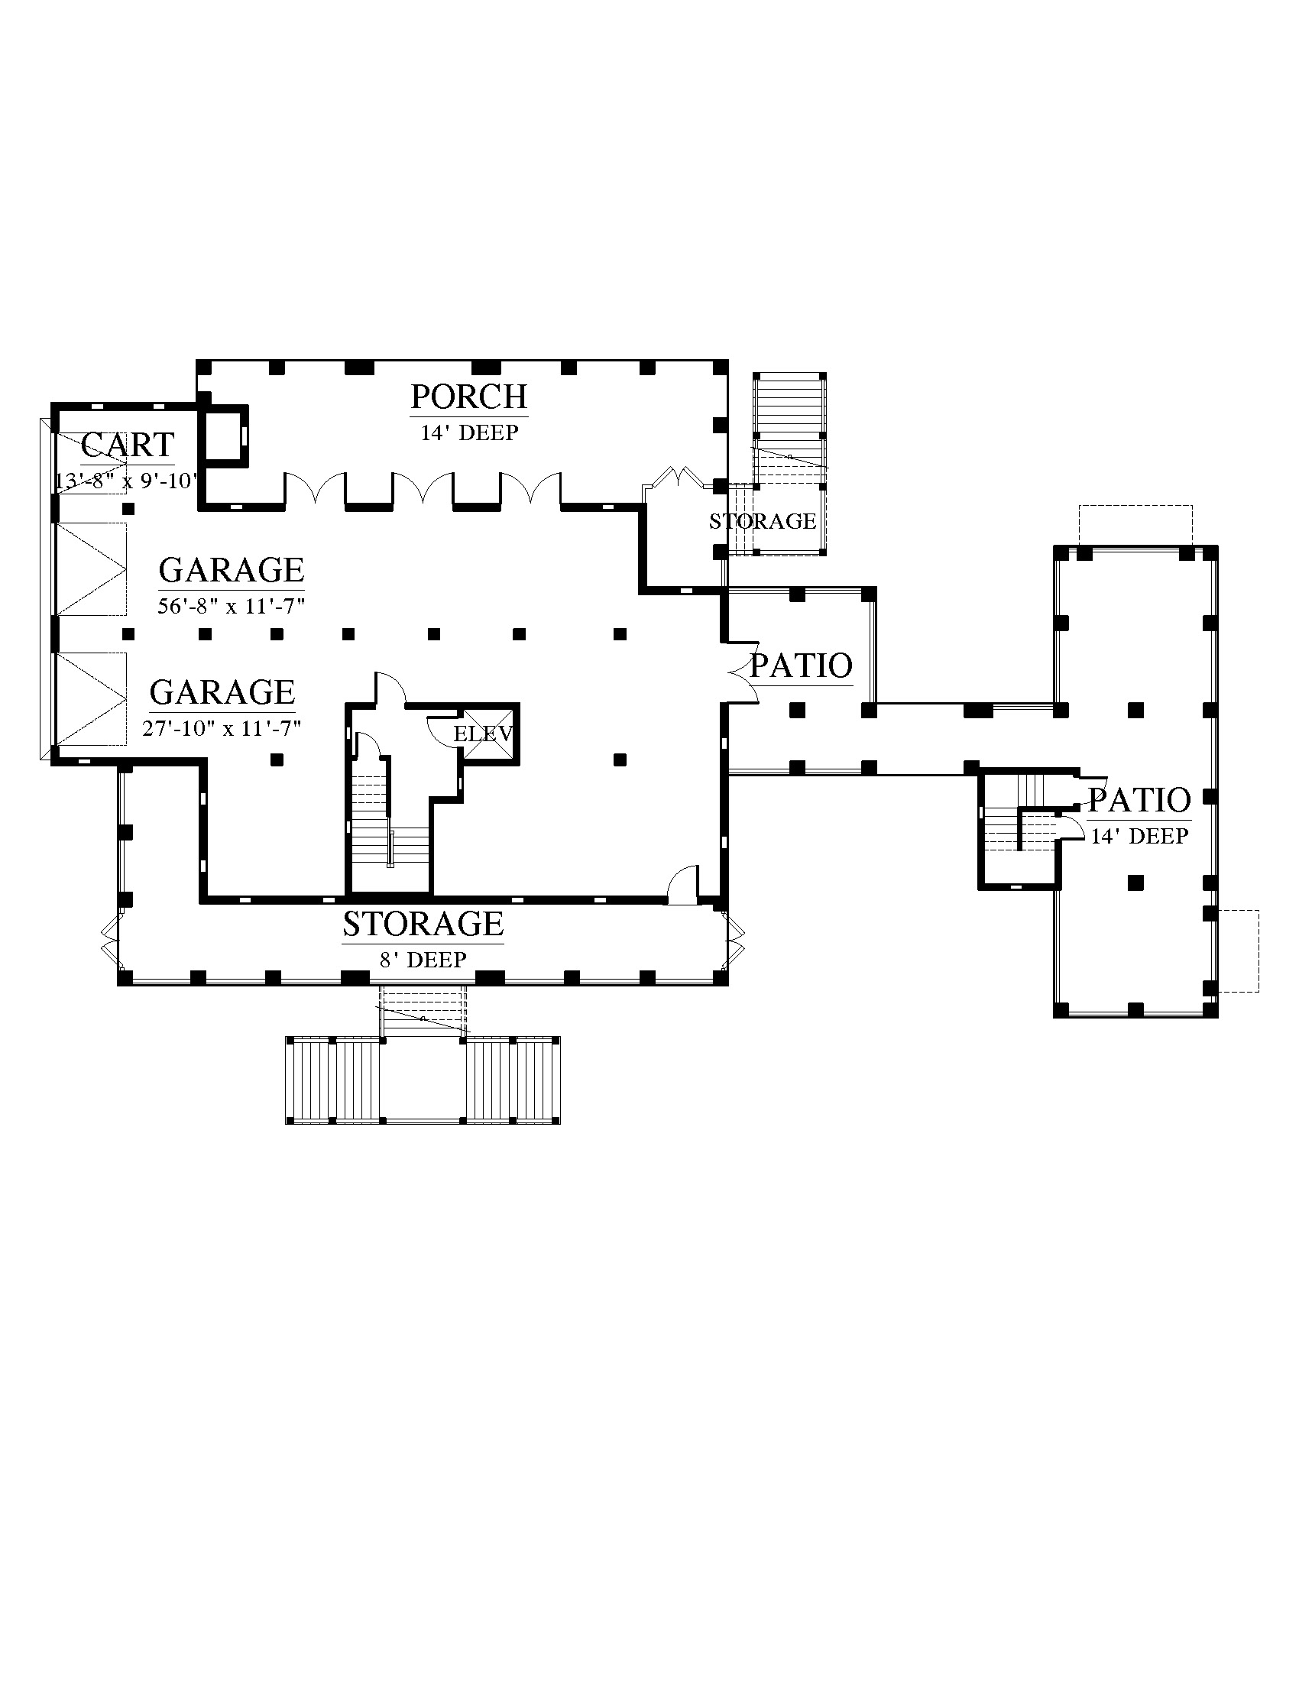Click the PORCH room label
click(x=468, y=397)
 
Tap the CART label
click(x=128, y=445)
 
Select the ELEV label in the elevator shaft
click(x=482, y=734)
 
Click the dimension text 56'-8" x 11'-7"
click(x=232, y=607)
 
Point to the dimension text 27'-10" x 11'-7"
click(x=222, y=728)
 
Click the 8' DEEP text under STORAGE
click(x=423, y=960)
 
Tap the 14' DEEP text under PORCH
click(x=469, y=432)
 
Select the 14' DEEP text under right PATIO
click(x=1140, y=836)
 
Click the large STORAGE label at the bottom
click(x=423, y=924)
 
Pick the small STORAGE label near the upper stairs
click(x=763, y=522)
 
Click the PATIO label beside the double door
click(x=801, y=666)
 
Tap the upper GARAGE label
click(x=232, y=570)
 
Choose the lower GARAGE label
click(x=222, y=692)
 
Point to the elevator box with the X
click(x=488, y=734)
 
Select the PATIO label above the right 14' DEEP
click(x=1140, y=801)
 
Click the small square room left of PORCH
click(x=225, y=434)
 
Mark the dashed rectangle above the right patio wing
click(x=1135, y=525)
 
